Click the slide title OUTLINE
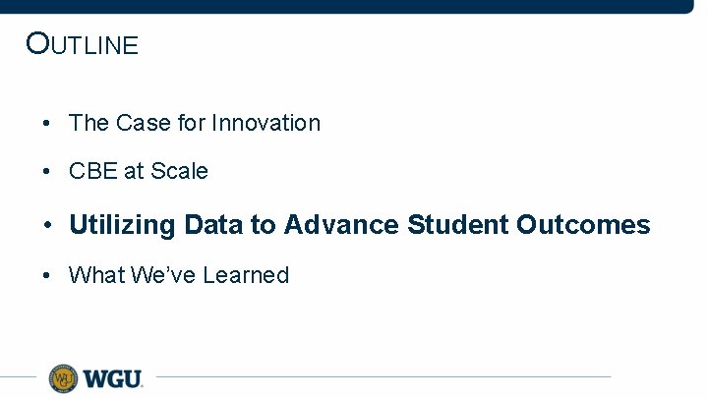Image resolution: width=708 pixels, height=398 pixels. point(83,44)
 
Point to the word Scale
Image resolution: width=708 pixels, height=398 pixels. point(180,171)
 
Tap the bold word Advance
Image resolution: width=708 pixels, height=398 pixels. point(341,225)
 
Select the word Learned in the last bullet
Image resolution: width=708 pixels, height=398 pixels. point(246,275)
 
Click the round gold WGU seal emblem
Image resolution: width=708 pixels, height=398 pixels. point(63,377)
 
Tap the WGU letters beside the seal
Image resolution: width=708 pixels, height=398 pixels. point(113,378)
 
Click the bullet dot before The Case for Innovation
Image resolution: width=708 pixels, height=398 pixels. point(46,124)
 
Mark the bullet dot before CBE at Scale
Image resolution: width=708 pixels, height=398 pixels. point(46,172)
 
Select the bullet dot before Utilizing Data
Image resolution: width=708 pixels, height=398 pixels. point(46,226)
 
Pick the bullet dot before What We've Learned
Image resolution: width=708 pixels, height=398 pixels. point(46,276)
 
